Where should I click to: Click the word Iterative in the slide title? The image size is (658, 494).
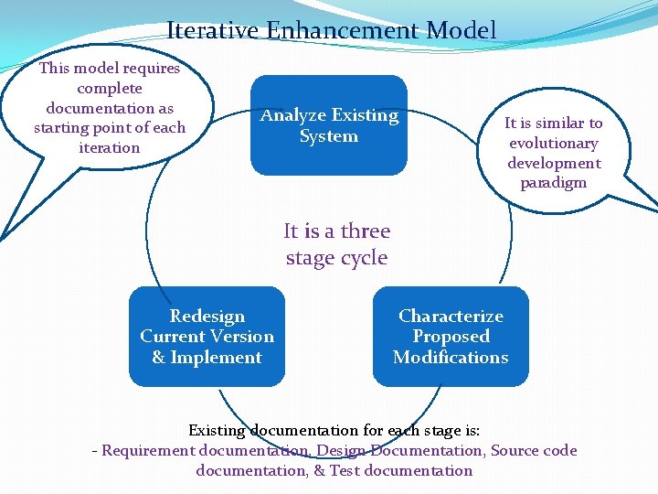pos(213,30)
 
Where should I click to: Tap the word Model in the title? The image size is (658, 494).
pos(462,30)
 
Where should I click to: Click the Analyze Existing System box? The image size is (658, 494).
pos(329,125)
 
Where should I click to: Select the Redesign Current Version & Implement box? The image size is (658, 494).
pos(207,337)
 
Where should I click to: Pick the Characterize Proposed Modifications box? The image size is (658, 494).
pos(451,337)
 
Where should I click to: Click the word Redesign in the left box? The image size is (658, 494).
pos(207,317)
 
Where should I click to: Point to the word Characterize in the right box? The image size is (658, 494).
pos(451,317)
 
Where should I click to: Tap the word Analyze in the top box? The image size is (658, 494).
pos(293,115)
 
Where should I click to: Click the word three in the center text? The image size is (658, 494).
pos(365,231)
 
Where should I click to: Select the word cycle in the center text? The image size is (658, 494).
pos(363,258)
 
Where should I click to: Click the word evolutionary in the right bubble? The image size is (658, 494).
pos(553,143)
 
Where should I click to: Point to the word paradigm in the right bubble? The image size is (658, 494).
pos(553,183)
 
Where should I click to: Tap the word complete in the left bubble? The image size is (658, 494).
pos(110,89)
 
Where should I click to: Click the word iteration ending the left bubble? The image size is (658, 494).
pos(110,148)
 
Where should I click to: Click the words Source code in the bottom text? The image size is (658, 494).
pos(534,450)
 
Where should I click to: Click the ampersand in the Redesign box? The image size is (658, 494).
pos(158,358)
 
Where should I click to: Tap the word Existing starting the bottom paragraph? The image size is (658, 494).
pos(218,430)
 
